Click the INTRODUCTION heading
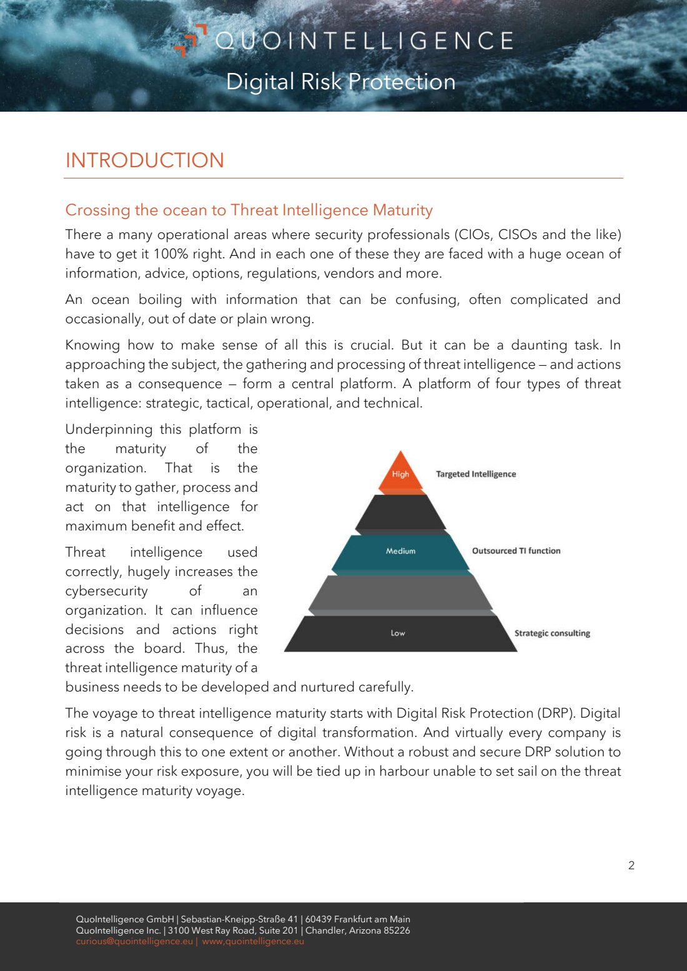click(x=144, y=160)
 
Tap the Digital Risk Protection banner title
click(x=340, y=82)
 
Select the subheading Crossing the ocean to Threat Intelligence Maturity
click(x=249, y=210)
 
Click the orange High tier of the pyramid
click(x=401, y=474)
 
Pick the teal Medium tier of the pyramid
click(x=401, y=551)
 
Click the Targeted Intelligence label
click(x=476, y=474)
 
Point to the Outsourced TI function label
click(x=516, y=551)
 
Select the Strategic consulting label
click(x=552, y=633)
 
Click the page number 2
click(x=631, y=866)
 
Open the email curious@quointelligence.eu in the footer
click(x=134, y=942)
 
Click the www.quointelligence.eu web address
click(x=253, y=942)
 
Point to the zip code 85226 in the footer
click(x=397, y=930)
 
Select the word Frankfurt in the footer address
click(x=353, y=919)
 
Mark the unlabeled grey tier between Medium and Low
click(x=400, y=592)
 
